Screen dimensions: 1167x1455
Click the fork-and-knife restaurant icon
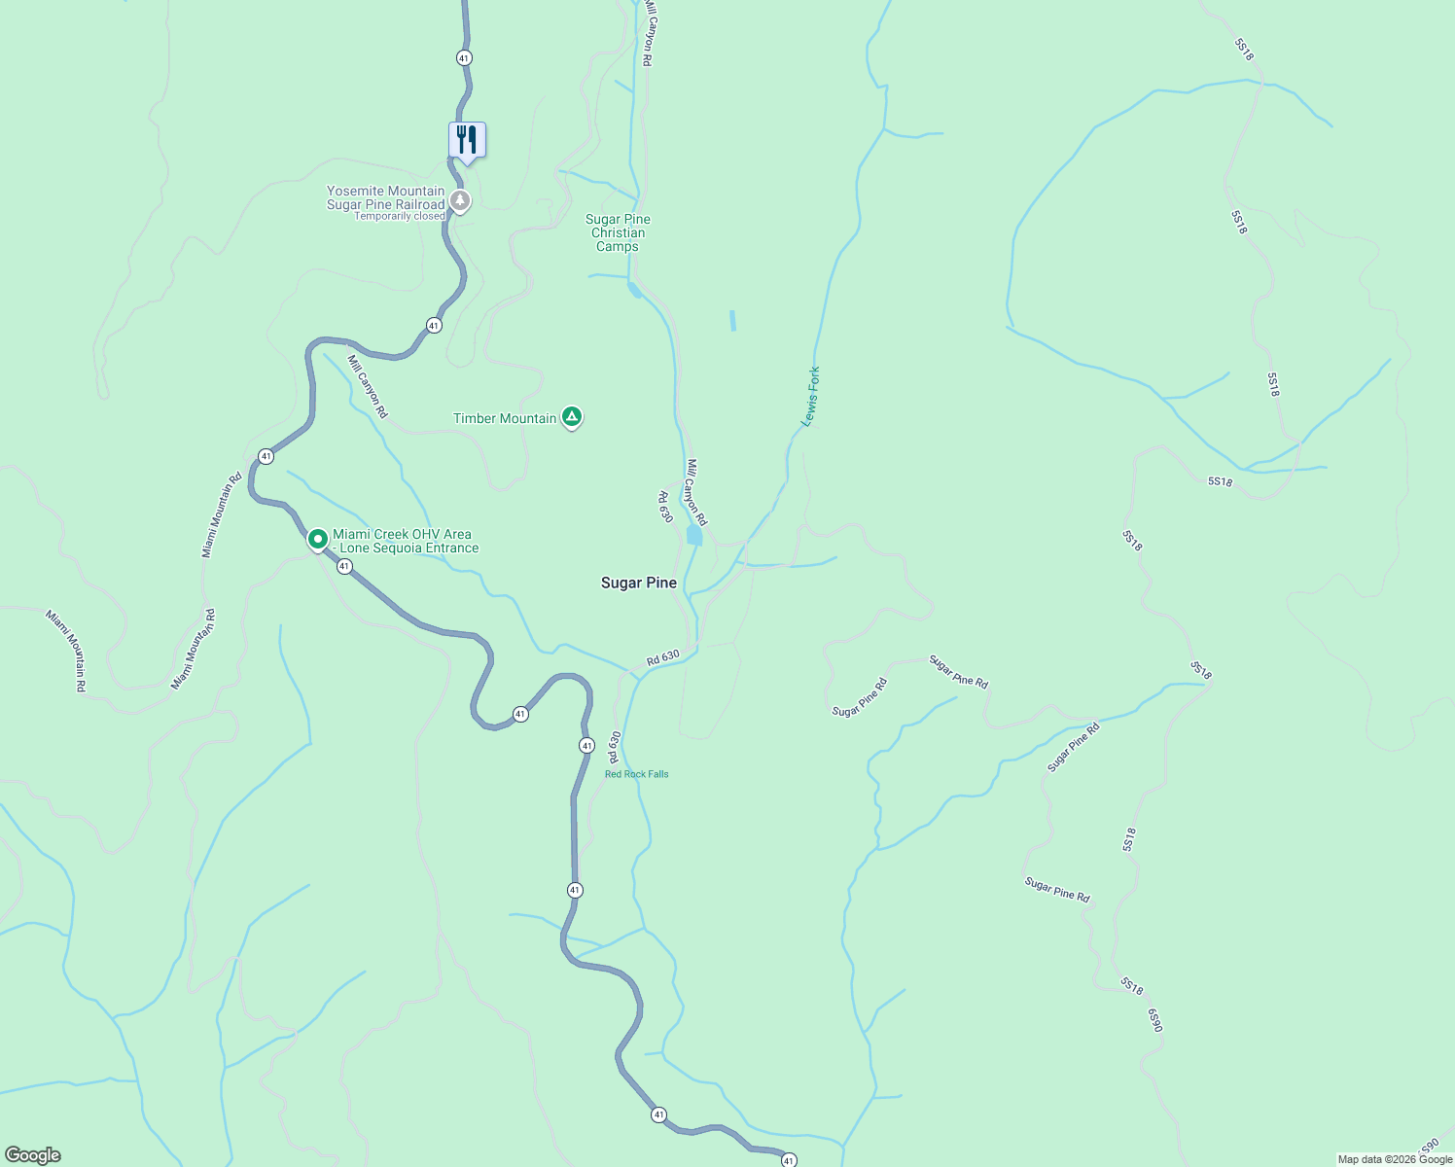(467, 140)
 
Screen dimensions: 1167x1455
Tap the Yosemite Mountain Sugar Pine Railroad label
(385, 197)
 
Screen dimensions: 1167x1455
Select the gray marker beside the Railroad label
(460, 201)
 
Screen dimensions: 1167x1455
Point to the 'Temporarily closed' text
(399, 216)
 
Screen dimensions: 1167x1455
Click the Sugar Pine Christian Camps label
(618, 233)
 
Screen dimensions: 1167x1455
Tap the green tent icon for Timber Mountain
(572, 417)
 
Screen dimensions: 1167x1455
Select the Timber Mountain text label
(505, 418)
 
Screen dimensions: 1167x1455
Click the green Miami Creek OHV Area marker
(317, 539)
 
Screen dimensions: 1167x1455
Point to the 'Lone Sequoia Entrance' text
(408, 548)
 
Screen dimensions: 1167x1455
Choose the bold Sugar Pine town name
(638, 583)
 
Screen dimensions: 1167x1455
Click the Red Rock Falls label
(636, 774)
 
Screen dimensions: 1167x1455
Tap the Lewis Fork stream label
(810, 396)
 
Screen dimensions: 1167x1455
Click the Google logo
(32, 1155)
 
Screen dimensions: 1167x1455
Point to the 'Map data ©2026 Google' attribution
(1394, 1159)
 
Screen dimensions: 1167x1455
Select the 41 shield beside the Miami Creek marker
(344, 566)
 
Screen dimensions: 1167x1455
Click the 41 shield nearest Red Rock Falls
(586, 745)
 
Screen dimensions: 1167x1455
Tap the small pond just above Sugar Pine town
(694, 536)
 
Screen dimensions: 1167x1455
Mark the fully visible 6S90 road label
(1154, 1020)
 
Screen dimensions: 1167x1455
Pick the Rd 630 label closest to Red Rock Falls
(614, 747)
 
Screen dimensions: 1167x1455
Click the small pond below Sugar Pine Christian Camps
(634, 290)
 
